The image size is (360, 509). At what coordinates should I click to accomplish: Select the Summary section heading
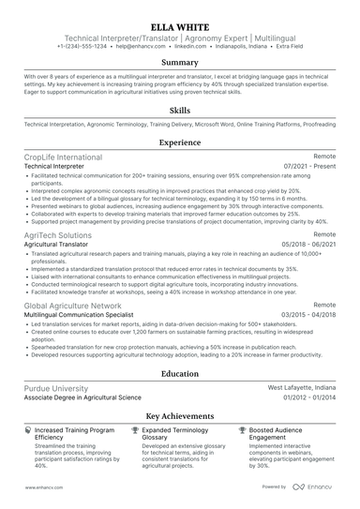click(x=180, y=63)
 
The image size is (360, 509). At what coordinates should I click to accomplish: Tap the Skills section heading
click(x=180, y=110)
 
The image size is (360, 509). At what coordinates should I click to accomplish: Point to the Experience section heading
click(x=180, y=143)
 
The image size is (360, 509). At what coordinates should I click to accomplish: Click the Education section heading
click(x=180, y=373)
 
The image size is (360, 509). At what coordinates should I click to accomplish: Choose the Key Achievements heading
click(x=180, y=415)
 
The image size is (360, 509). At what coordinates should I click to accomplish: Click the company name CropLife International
click(x=63, y=157)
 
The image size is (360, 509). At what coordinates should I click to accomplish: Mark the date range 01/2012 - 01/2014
click(x=308, y=397)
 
